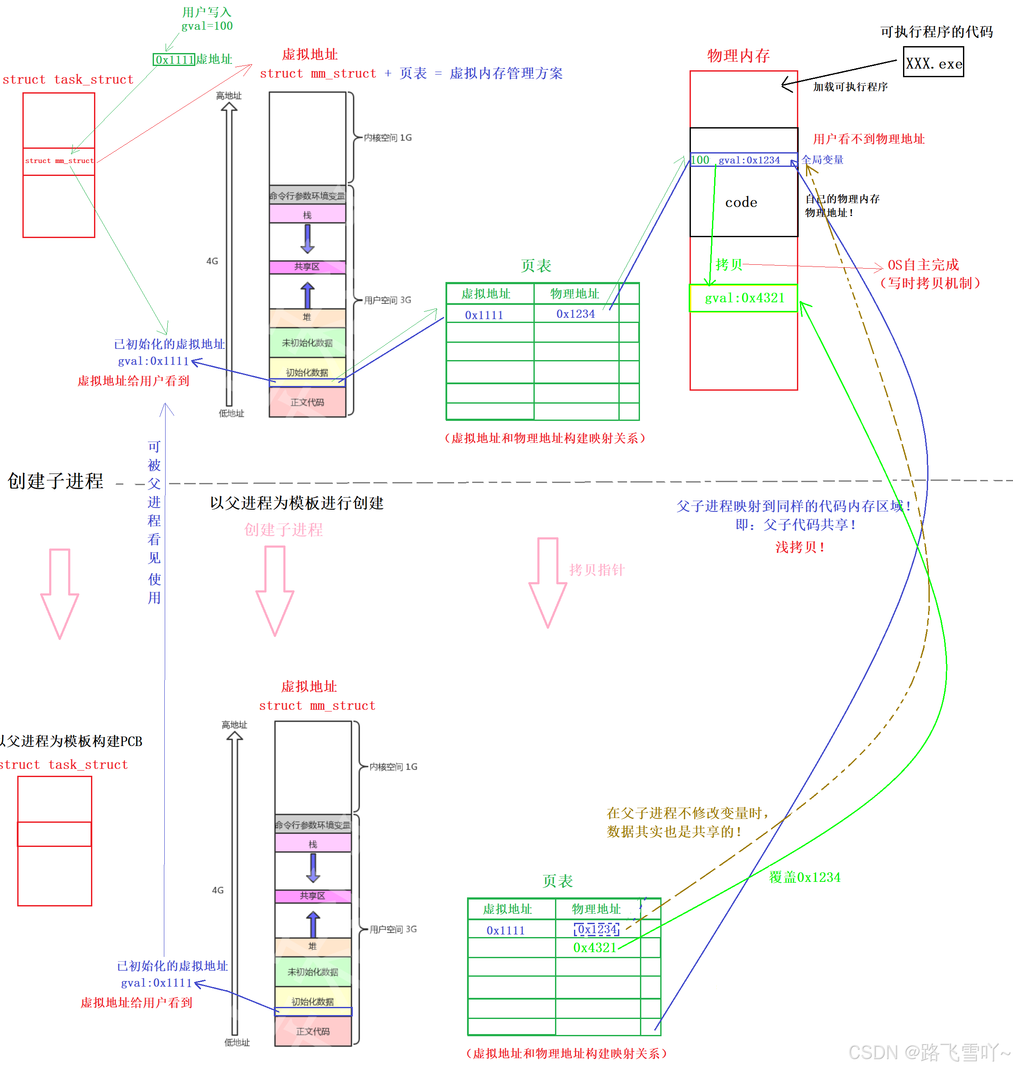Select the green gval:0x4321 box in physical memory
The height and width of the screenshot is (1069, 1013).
coord(743,298)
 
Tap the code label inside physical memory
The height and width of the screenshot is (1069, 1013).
coord(741,203)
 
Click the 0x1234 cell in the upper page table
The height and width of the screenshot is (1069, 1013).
coord(576,313)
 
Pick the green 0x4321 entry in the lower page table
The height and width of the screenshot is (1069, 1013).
coord(595,947)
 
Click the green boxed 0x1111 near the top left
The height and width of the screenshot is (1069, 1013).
coord(174,60)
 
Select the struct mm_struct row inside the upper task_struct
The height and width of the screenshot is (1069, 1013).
coord(59,161)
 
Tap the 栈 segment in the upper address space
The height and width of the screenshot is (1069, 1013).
coord(307,214)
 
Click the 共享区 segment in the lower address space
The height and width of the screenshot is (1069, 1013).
coord(313,895)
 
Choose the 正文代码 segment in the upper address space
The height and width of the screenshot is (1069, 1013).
coord(307,402)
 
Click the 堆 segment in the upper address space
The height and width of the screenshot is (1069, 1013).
coord(307,317)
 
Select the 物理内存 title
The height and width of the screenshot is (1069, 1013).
coord(738,56)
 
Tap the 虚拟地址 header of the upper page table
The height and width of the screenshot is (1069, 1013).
coord(486,294)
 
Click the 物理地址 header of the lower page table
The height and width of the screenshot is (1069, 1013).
coord(596,909)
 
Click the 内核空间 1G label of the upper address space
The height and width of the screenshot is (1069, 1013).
coord(387,138)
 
